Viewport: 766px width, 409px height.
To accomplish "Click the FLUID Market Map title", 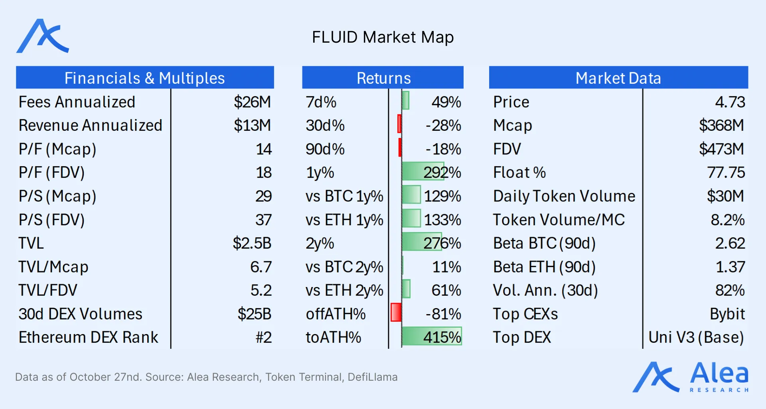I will (383, 37).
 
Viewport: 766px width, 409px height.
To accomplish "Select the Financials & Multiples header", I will (144, 78).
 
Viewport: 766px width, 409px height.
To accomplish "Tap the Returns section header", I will (383, 78).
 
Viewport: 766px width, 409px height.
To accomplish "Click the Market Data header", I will (618, 78).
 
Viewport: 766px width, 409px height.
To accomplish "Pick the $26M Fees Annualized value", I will (252, 102).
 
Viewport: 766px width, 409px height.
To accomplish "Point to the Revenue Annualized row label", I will (91, 126).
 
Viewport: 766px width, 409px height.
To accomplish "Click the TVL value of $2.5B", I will (252, 243).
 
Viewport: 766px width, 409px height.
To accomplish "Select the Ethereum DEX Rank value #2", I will (263, 338).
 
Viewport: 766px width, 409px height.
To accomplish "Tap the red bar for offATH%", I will (396, 313).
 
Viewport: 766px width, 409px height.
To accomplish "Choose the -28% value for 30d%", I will (443, 126).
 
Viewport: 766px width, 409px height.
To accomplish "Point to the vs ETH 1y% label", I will (344, 220).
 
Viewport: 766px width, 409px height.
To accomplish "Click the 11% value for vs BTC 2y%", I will (446, 267).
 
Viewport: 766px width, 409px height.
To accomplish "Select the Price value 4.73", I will (730, 102).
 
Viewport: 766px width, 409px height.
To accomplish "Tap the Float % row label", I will (519, 173).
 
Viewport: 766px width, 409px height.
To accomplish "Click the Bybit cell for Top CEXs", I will (727, 314).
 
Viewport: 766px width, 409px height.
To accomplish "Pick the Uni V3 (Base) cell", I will (696, 338).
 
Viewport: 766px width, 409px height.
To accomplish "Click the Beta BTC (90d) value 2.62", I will (730, 243).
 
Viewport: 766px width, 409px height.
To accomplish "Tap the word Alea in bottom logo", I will (719, 374).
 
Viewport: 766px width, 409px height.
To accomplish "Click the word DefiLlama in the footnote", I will (372, 377).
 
